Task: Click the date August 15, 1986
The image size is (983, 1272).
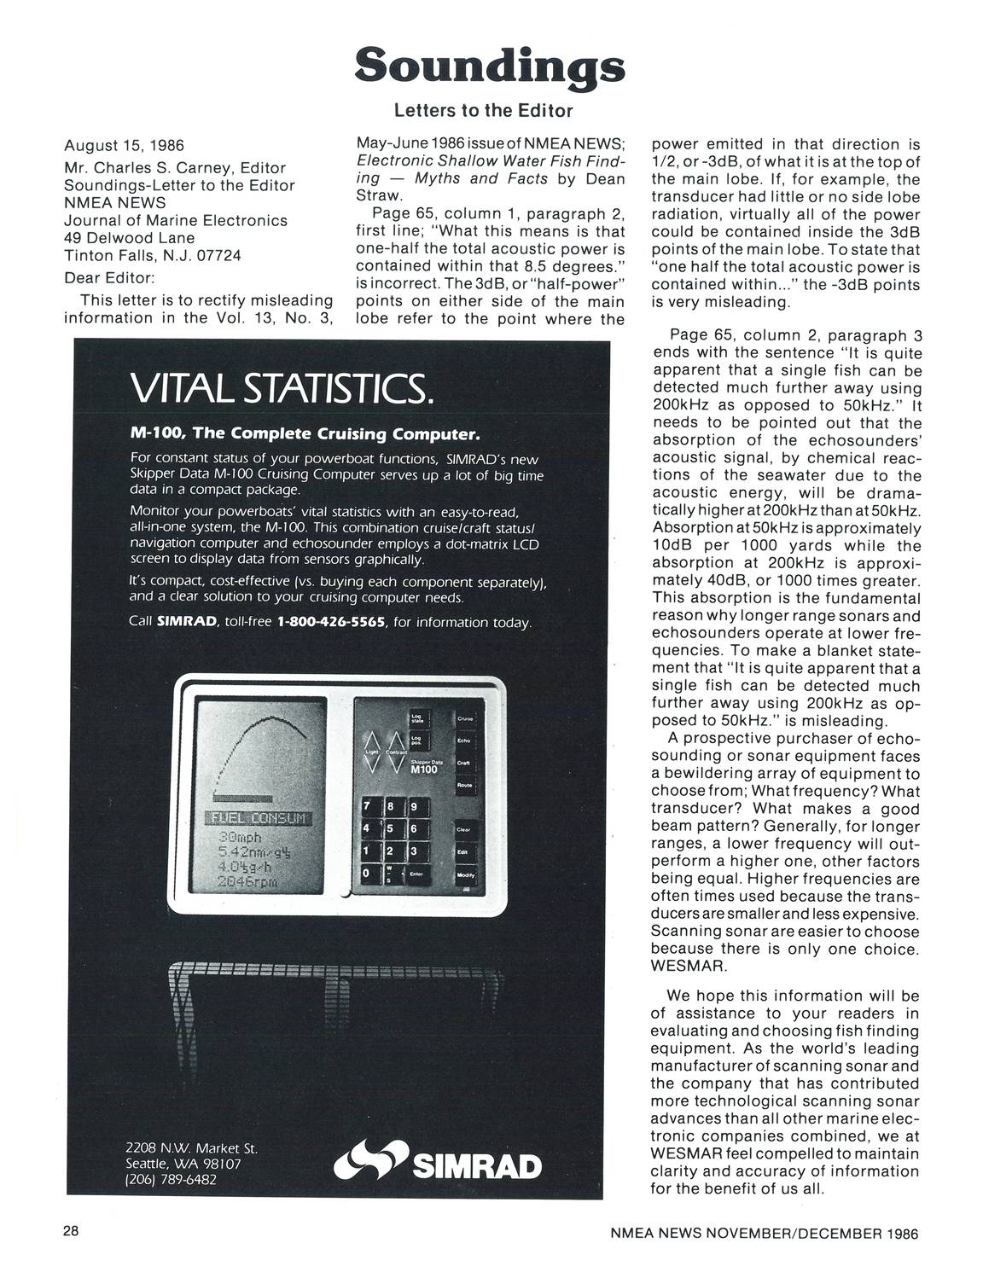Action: (x=124, y=145)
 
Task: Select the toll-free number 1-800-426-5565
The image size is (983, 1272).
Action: (x=332, y=623)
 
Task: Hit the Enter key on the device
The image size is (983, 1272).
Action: (x=417, y=874)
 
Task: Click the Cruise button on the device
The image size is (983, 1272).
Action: (x=466, y=719)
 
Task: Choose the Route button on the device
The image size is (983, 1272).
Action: (x=466, y=785)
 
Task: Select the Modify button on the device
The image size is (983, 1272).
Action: (x=466, y=874)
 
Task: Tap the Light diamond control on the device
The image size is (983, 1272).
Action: (x=372, y=751)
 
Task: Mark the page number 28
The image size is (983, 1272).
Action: (x=71, y=1231)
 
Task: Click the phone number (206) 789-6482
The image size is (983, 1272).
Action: (x=171, y=1179)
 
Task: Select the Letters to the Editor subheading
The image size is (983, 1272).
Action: (x=483, y=111)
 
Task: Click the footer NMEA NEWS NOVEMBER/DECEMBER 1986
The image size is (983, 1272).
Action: (x=765, y=1233)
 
